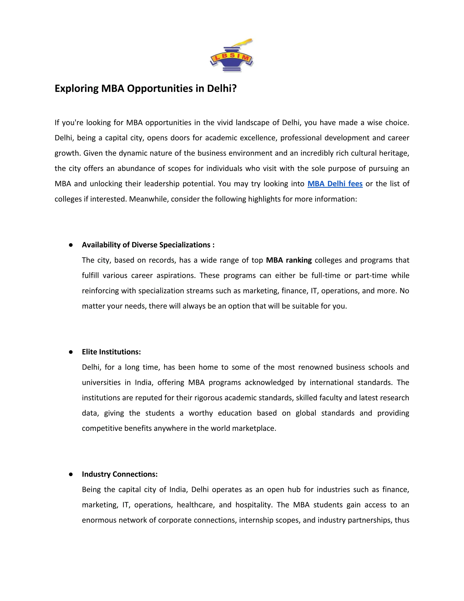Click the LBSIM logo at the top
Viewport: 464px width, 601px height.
click(x=232, y=56)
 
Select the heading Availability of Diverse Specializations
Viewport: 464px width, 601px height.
click(x=148, y=245)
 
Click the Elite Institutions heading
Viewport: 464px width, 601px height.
click(x=111, y=352)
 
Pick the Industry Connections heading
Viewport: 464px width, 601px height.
click(x=120, y=474)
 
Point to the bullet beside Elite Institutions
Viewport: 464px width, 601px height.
click(x=71, y=352)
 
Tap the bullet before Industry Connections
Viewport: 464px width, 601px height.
click(x=71, y=474)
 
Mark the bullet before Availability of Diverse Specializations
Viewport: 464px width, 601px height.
click(x=71, y=245)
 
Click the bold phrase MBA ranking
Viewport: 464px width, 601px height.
click(x=289, y=260)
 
